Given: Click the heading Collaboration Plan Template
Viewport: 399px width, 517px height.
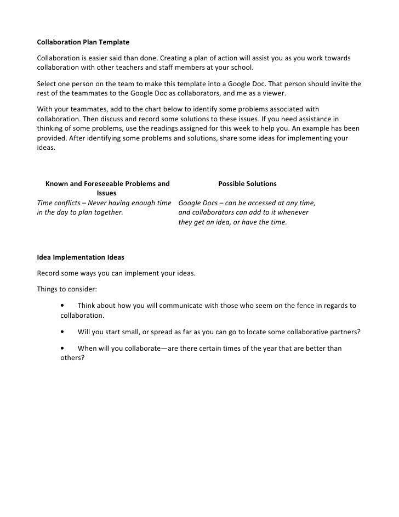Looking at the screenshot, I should click(83, 42).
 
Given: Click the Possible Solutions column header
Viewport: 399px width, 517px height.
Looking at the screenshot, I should click(247, 183).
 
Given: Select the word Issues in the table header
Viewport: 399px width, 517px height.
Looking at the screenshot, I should click(106, 193).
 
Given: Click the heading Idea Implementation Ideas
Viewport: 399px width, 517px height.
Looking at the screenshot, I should click(81, 257).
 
